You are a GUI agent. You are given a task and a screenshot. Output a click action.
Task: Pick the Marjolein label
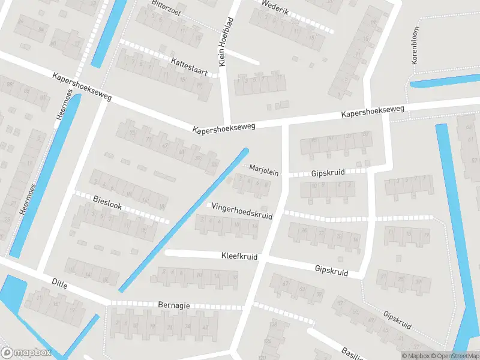tap(264, 170)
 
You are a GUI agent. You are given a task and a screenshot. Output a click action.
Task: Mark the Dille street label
tap(59, 283)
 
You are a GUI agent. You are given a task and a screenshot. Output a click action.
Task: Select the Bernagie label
tap(175, 305)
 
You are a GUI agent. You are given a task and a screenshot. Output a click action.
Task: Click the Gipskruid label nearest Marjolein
tap(328, 173)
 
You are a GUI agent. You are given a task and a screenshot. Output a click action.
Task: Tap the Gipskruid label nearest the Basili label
tap(397, 320)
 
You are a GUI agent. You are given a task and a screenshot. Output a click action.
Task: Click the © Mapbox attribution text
tap(416, 356)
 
